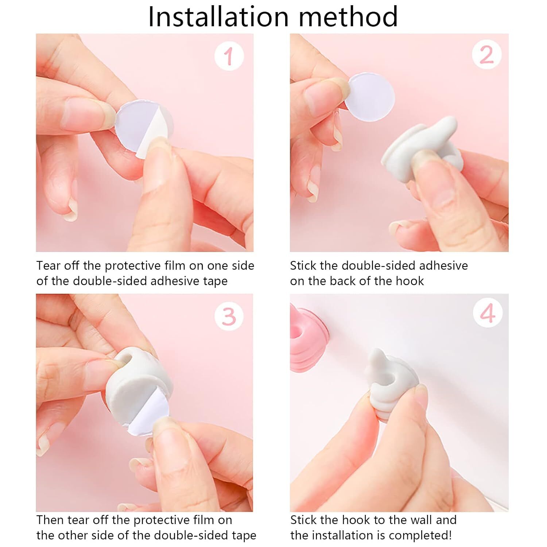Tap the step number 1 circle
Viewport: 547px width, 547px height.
pos(229,56)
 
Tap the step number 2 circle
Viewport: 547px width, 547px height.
pos(486,55)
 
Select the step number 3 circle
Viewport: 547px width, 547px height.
pos(229,316)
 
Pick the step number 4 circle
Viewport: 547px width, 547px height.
pos(488,313)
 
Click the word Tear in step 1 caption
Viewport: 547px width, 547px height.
pos(48,266)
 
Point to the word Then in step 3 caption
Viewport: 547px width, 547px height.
pos(50,520)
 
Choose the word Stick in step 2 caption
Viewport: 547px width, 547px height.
pos(303,266)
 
